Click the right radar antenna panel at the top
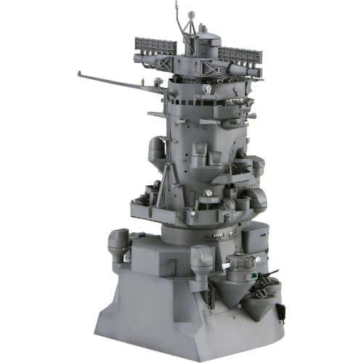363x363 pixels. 240,54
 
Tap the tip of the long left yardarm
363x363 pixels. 80,72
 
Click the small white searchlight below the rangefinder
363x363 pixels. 208,90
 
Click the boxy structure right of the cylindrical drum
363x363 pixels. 255,236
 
